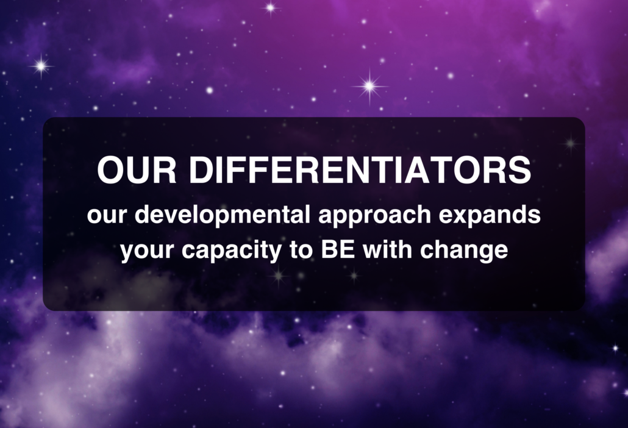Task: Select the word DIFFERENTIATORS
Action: pos(360,170)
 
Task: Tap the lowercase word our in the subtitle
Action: pos(106,216)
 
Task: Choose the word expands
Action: pos(498,218)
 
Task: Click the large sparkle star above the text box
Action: pos(369,86)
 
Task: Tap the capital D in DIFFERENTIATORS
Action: pos(201,170)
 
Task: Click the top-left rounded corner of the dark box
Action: pos(48,122)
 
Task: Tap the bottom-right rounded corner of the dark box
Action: pos(580,305)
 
